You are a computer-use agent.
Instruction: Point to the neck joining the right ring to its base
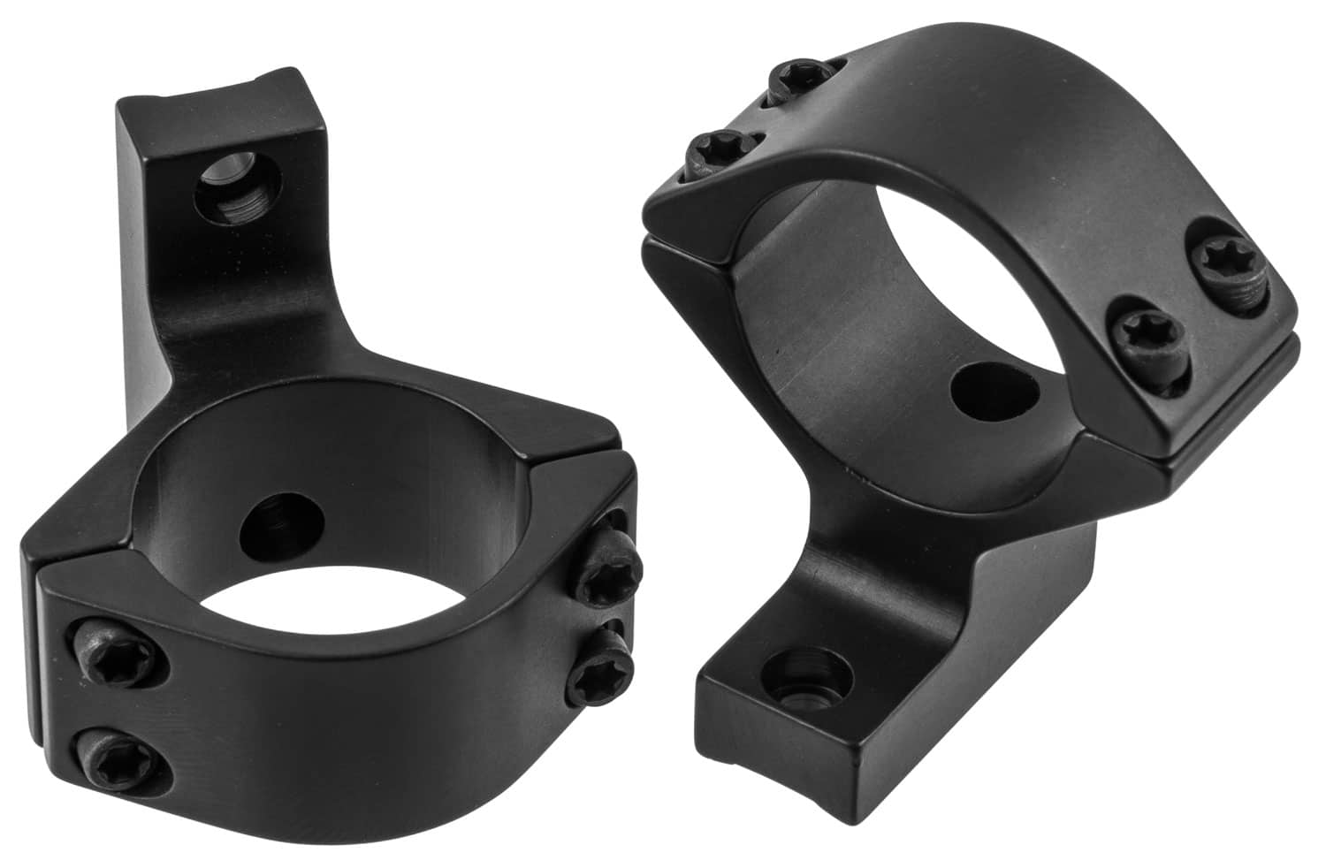[x=928, y=566]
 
